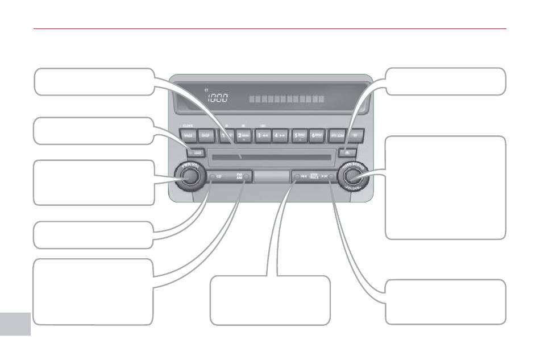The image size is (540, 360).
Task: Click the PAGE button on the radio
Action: (188, 135)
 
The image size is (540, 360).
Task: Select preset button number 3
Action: (263, 135)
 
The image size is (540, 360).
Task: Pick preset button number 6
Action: (318, 135)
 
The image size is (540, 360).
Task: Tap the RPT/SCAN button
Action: (337, 135)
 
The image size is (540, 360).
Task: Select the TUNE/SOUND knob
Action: (351, 177)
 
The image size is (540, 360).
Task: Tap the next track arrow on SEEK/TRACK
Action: (326, 177)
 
